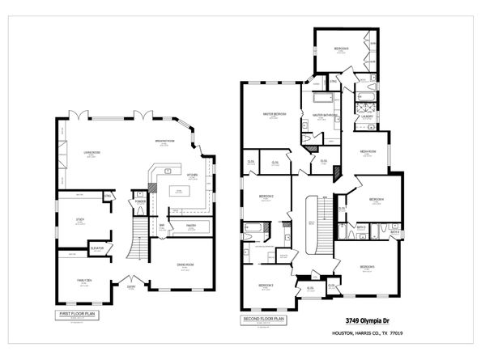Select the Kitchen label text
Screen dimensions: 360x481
tap(193, 175)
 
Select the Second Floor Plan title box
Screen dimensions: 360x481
tap(263, 319)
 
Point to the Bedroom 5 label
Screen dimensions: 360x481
tap(367, 267)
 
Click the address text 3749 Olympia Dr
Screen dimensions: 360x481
tap(364, 320)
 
